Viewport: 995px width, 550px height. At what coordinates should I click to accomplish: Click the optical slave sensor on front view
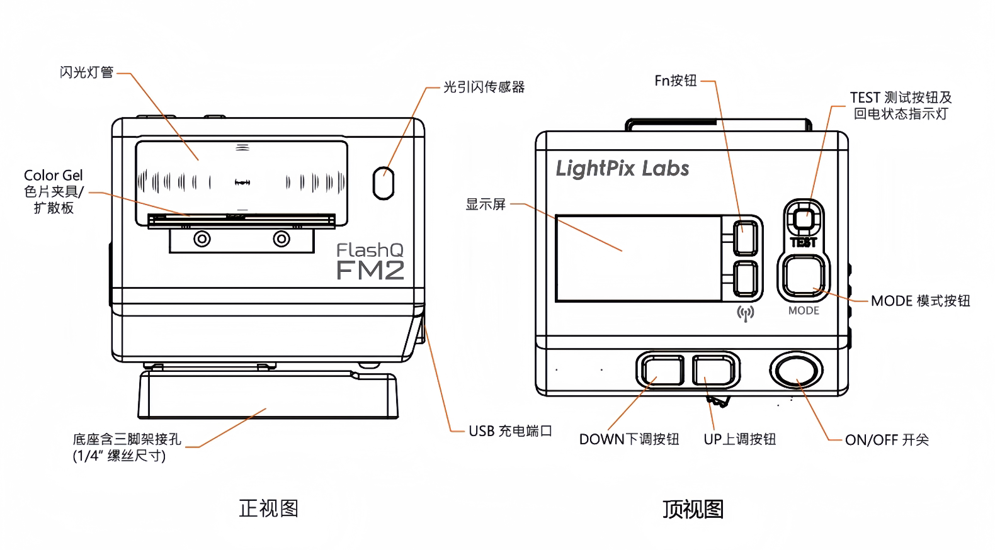[383, 183]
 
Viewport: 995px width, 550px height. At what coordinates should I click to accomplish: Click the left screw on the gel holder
[202, 240]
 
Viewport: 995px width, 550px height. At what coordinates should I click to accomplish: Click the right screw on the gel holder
[281, 240]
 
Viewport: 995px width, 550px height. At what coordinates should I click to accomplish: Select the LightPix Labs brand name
[622, 169]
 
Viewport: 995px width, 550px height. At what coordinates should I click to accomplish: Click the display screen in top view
[638, 258]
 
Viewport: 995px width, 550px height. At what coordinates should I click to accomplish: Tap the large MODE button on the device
[804, 276]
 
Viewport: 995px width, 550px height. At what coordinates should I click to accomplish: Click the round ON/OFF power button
[796, 371]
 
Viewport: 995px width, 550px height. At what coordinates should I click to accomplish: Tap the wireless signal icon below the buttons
[745, 313]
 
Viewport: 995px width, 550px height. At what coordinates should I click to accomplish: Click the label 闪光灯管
[87, 72]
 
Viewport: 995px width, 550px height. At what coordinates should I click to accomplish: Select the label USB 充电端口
[510, 431]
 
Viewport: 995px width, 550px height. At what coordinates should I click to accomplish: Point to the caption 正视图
[268, 508]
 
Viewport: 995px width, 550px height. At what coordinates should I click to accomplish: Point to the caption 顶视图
[693, 508]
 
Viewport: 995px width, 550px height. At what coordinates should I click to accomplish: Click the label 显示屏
[486, 204]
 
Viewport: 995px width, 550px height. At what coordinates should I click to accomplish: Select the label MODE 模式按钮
[920, 301]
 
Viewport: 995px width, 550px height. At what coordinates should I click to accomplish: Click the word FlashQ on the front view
[370, 250]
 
